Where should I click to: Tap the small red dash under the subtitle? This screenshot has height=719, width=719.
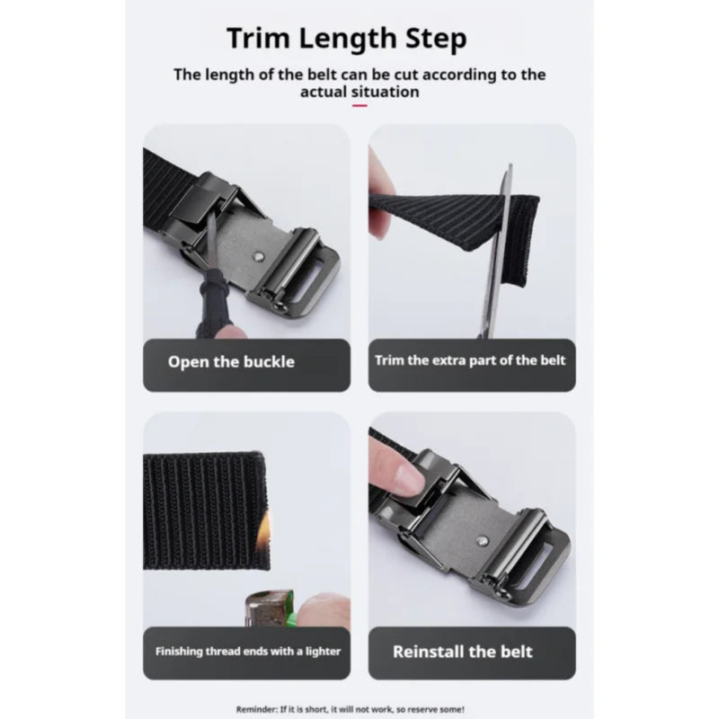tap(359, 105)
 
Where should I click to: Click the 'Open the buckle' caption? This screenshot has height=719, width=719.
tap(231, 362)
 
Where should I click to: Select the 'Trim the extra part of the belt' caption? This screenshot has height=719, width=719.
tap(471, 361)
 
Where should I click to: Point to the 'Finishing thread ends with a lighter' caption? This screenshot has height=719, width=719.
tap(248, 651)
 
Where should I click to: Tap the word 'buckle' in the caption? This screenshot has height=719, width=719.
tap(267, 362)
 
